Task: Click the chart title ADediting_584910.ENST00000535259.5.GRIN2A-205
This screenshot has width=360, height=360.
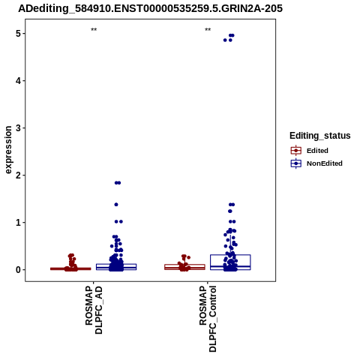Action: tap(150, 8)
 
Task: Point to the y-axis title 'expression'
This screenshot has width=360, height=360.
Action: tap(8, 150)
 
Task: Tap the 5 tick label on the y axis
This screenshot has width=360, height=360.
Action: tap(19, 34)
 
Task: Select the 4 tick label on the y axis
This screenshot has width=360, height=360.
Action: tap(19, 81)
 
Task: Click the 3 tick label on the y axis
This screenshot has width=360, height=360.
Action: tap(19, 128)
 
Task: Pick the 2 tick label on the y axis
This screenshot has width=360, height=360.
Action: tap(19, 175)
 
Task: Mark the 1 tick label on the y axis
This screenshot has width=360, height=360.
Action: tap(19, 223)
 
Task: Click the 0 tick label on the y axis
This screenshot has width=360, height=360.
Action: tap(19, 270)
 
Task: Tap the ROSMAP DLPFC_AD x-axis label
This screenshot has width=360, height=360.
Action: tap(94, 310)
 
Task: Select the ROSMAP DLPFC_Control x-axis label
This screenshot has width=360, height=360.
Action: tap(208, 319)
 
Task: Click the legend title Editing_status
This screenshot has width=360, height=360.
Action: tap(320, 136)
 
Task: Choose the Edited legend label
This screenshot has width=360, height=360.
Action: tap(317, 151)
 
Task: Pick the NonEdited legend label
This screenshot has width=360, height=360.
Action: tap(325, 163)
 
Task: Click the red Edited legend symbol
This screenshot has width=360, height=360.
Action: tap(296, 151)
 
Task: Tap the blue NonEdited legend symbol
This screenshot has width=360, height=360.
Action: tap(296, 163)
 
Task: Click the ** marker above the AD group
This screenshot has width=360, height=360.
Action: tap(94, 30)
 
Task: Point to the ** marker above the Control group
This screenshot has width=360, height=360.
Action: tap(208, 30)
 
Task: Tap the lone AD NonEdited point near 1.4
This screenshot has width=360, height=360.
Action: tap(116, 205)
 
